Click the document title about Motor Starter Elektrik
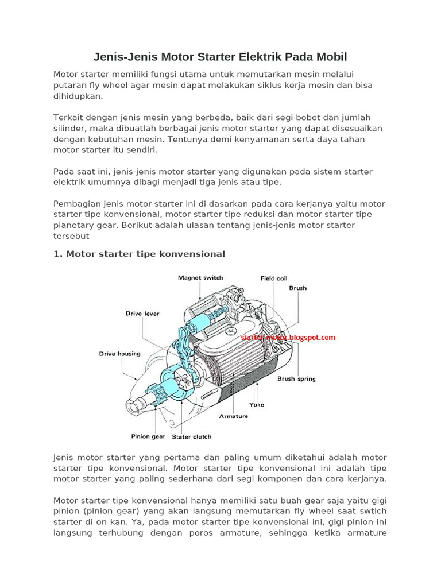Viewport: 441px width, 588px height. (220, 57)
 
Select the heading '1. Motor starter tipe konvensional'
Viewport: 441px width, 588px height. (139, 254)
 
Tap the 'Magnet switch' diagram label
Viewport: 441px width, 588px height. (200, 278)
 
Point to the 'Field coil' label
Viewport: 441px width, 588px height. (273, 278)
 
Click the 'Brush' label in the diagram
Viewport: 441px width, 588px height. (297, 288)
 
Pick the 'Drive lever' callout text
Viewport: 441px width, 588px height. (142, 314)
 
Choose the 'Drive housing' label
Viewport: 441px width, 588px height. (119, 354)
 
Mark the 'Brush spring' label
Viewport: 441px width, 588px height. (296, 379)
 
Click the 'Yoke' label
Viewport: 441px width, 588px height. (257, 405)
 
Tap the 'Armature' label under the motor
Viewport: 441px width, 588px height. (234, 416)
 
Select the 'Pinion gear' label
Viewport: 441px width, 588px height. (148, 436)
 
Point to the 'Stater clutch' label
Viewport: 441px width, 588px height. (192, 436)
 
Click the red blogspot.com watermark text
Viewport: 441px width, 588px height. (288, 338)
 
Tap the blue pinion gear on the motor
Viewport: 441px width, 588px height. (150, 394)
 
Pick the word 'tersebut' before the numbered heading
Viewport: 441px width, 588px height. (71, 235)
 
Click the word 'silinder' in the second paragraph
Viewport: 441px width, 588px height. (69, 128)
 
